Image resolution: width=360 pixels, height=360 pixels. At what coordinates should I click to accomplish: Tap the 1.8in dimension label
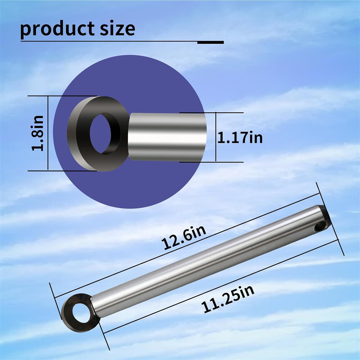click(x=39, y=133)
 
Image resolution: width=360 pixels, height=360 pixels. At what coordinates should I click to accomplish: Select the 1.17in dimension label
click(x=240, y=138)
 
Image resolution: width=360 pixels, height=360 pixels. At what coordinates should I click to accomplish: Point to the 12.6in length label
click(x=184, y=237)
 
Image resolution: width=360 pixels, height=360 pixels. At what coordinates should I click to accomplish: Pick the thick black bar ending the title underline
click(x=211, y=42)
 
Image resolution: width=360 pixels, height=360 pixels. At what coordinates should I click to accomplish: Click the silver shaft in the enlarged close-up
click(x=167, y=137)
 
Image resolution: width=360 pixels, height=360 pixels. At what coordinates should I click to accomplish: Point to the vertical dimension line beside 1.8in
click(x=48, y=133)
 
